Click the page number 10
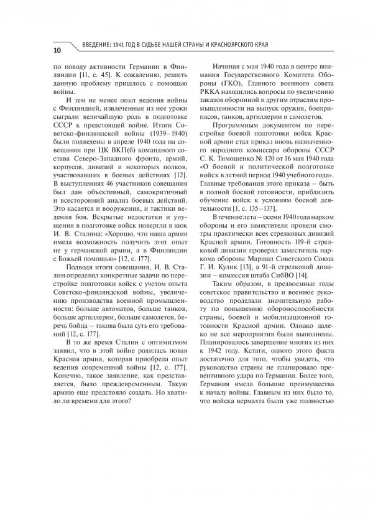coord(57,50)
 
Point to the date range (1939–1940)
coord(153,133)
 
